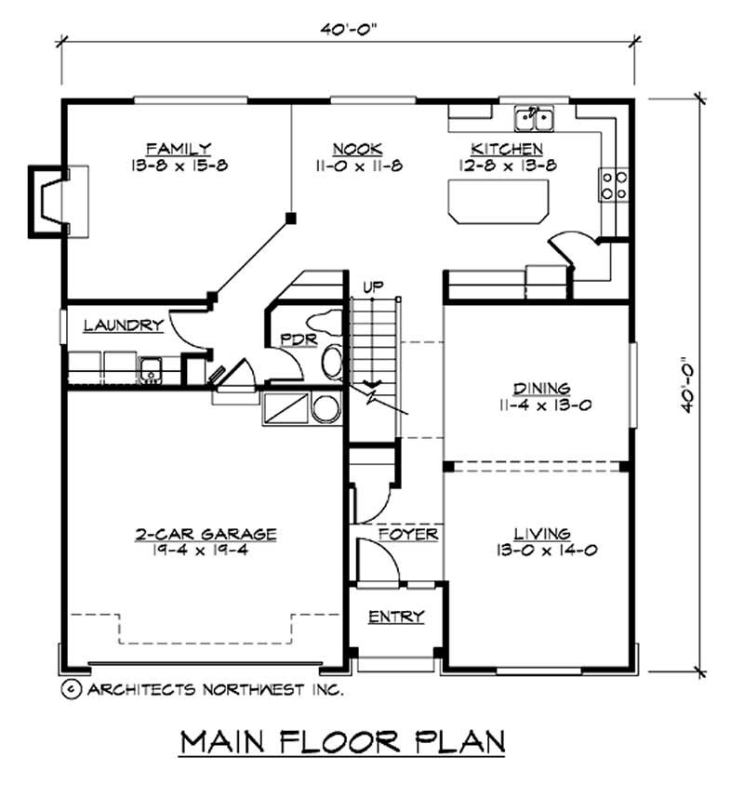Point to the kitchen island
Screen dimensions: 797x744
pos(498,201)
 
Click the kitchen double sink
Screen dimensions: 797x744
pos(535,118)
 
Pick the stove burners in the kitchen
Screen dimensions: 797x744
pos(615,183)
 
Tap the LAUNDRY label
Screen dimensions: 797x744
pos(123,325)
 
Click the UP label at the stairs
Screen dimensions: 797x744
pos(373,286)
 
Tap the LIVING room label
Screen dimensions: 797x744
pos(541,533)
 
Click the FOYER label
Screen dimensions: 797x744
pos(408,535)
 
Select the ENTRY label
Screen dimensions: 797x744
pos(396,617)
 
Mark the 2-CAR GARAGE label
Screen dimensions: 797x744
pos(206,534)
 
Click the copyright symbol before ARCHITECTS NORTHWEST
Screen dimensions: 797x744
pos(69,690)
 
